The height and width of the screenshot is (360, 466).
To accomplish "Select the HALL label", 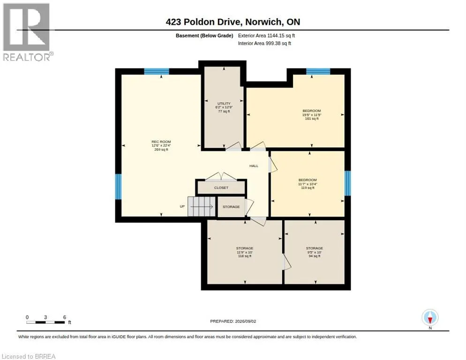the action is [x=254, y=166].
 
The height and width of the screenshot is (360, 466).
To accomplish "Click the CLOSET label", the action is [x=221, y=188].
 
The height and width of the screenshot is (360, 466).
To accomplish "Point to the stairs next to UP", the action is [x=201, y=207].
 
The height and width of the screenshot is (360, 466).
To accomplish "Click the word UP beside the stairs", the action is [x=182, y=206].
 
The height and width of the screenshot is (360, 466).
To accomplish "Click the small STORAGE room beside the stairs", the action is [x=231, y=207].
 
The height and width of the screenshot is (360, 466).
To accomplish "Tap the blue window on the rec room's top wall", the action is [x=157, y=71].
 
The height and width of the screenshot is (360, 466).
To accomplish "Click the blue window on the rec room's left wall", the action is [x=118, y=187].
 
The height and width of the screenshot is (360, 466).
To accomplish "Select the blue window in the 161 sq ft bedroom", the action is [x=318, y=71].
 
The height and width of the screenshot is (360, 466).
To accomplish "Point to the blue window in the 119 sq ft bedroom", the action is [x=348, y=183].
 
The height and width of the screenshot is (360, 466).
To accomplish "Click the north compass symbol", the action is [x=430, y=318].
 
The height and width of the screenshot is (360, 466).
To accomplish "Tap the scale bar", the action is [x=45, y=322].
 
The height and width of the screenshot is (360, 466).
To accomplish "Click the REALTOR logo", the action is [x=27, y=32].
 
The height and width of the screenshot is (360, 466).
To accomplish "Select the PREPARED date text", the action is [x=233, y=322].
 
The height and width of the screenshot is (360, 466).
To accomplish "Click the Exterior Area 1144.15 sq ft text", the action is [x=266, y=36].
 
